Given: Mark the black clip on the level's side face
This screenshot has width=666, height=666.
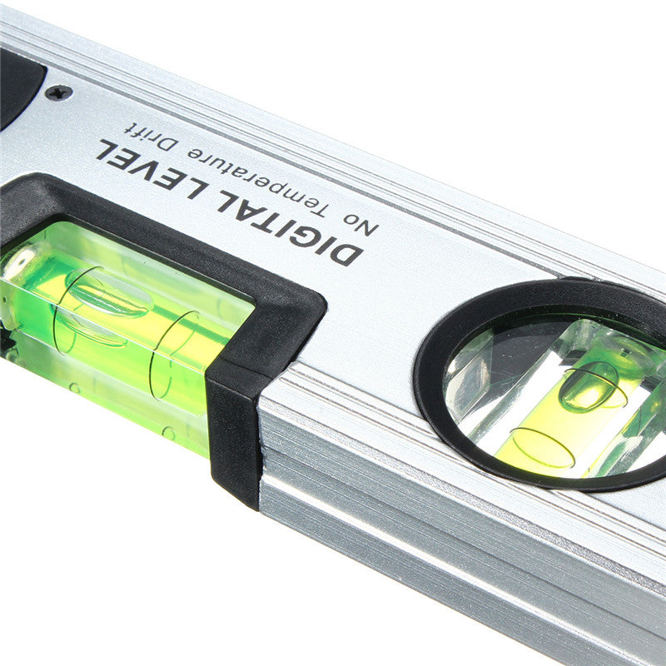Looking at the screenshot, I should coord(233,433).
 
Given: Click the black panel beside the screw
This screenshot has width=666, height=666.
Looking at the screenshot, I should coord(17,83).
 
